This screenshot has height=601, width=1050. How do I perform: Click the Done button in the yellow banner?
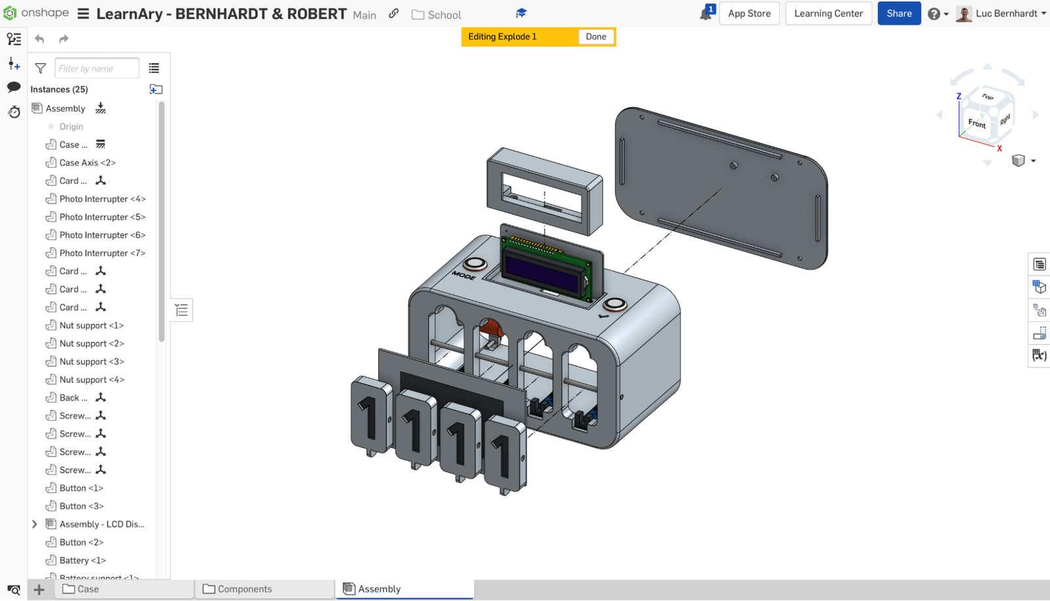point(595,37)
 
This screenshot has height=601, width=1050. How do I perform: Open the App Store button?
point(749,13)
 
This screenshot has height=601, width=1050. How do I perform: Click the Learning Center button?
point(828,13)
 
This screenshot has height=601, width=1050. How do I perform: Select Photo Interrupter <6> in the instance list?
point(102,235)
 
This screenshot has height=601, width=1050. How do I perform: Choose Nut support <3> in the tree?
point(91,362)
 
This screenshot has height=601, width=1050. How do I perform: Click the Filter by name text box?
point(96,68)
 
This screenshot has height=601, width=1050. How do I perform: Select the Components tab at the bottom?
point(244,589)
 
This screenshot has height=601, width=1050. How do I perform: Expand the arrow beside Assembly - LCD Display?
point(35,524)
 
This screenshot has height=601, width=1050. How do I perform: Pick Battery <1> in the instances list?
point(82,560)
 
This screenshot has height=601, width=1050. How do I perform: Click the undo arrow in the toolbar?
point(40,39)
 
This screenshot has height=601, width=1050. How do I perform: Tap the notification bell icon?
point(705,14)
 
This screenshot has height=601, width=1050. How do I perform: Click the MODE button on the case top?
point(475,264)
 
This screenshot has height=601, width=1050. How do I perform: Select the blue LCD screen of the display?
point(542,273)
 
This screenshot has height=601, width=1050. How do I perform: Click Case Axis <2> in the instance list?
point(87,163)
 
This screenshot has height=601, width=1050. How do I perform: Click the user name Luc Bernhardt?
point(1006,13)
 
